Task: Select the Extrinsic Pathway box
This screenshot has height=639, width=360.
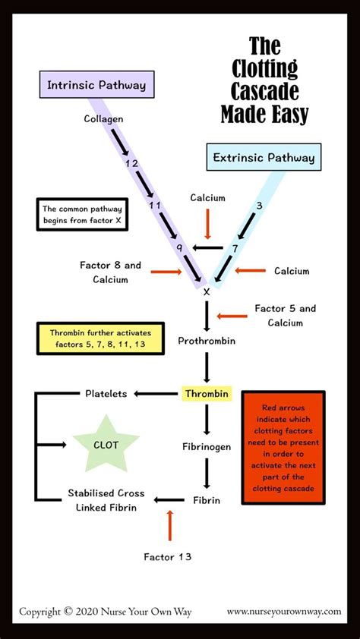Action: tap(264, 159)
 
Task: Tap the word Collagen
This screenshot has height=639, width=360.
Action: tap(103, 119)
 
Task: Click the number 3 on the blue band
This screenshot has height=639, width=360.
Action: tap(259, 205)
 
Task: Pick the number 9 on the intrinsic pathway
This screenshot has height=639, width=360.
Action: tap(178, 247)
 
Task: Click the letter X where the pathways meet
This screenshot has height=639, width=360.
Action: tap(206, 290)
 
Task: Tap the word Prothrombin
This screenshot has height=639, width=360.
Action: tap(207, 341)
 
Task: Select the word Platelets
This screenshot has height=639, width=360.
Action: tap(105, 393)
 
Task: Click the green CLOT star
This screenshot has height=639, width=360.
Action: tap(106, 445)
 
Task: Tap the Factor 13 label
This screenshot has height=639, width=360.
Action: tap(167, 556)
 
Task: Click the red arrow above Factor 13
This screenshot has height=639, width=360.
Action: tap(169, 525)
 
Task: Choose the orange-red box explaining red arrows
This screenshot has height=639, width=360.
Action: tap(283, 447)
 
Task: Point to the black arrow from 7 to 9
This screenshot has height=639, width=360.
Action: tap(209, 247)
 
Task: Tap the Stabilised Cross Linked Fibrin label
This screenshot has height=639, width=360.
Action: tap(106, 500)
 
